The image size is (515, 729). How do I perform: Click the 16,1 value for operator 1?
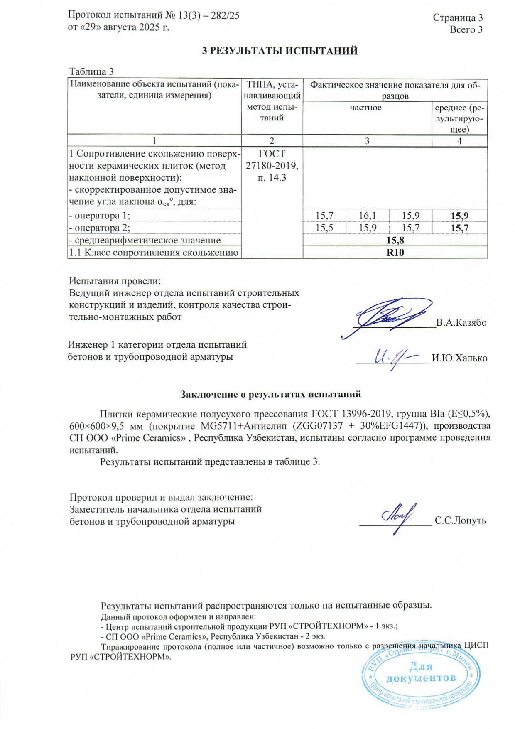pyautogui.click(x=367, y=216)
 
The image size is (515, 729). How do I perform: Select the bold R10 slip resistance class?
pyautogui.click(x=395, y=253)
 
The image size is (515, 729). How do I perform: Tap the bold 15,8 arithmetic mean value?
pyautogui.click(x=395, y=240)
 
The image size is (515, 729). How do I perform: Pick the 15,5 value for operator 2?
pyautogui.click(x=324, y=228)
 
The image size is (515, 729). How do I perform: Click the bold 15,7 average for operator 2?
pyautogui.click(x=459, y=228)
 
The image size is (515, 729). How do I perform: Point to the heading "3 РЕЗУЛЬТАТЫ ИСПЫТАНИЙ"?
pyautogui.click(x=280, y=51)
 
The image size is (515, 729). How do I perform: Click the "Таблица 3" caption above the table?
pyautogui.click(x=91, y=72)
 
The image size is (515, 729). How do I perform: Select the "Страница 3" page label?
pyautogui.click(x=458, y=17)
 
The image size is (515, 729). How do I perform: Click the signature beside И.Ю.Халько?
pyautogui.click(x=392, y=358)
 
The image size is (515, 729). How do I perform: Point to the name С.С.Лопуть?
pyautogui.click(x=460, y=520)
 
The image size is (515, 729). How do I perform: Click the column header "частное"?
pyautogui.click(x=365, y=108)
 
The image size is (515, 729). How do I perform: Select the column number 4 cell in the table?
pyautogui.click(x=459, y=141)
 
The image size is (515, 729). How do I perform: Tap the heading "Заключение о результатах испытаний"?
pyautogui.click(x=270, y=394)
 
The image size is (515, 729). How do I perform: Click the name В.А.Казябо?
pyautogui.click(x=461, y=323)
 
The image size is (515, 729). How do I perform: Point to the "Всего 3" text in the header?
pyautogui.click(x=466, y=29)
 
